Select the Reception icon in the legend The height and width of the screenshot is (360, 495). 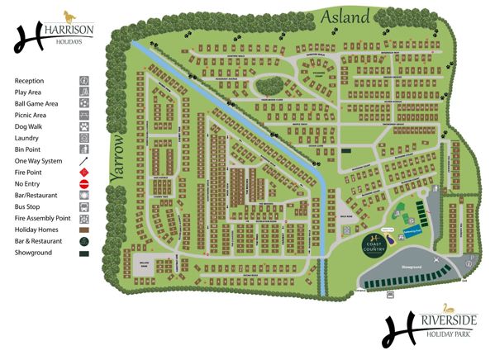(x=83, y=80)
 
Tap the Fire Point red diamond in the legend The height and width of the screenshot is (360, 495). (x=83, y=172)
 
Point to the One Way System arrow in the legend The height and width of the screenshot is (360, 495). (x=83, y=160)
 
